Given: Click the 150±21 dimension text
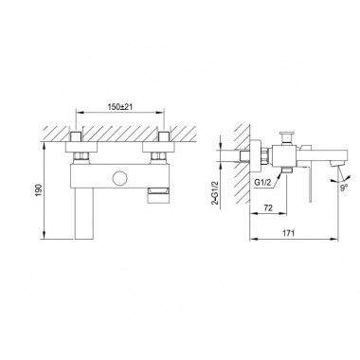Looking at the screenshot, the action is (x=120, y=107).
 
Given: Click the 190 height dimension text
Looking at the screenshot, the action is (x=39, y=189).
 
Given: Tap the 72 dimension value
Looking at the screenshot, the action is (x=268, y=207).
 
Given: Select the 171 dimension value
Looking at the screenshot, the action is (x=288, y=233).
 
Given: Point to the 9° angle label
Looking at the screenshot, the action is (x=344, y=187).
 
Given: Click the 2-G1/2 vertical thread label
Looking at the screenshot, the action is (x=216, y=192).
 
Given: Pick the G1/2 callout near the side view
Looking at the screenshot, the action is (x=262, y=182).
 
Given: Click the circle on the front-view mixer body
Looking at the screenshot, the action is (x=119, y=178).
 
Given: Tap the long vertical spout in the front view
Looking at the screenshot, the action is (x=84, y=213).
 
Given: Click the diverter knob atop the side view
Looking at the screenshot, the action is (x=287, y=136).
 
